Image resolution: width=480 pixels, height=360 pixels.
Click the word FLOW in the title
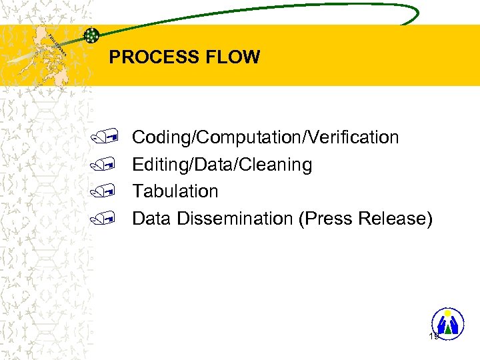tap(235, 57)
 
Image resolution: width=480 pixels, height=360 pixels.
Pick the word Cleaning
tap(281, 165)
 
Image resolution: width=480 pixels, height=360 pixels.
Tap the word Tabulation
tap(175, 191)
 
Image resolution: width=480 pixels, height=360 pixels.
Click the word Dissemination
tap(236, 219)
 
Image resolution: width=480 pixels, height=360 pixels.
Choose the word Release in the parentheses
tap(395, 219)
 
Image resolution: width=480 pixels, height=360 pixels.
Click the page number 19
tap(434, 337)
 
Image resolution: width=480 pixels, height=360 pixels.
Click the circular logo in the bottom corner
tap(447, 323)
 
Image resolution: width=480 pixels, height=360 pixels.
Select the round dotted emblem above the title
tap(92, 35)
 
